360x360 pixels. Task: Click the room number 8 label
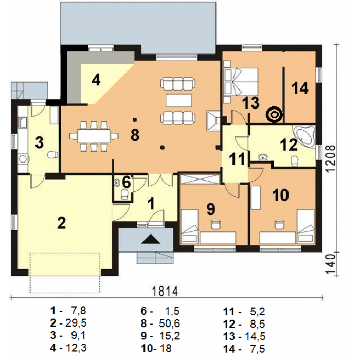point(135,135)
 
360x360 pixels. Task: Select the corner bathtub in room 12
point(304,136)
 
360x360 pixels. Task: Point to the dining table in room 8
point(94,136)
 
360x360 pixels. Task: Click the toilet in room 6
point(124,194)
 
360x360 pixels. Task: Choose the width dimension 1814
point(165,292)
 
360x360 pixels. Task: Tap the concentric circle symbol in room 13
point(274,114)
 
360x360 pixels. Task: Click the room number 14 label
point(300,88)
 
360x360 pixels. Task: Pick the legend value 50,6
point(169,323)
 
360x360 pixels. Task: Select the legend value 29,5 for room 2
point(76,323)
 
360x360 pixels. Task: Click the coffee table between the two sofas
point(178,100)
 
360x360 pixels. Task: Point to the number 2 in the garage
point(62,223)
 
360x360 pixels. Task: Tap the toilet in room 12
point(294,161)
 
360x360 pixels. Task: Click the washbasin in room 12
point(263,158)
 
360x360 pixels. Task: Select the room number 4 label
point(96,80)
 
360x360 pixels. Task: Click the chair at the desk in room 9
point(215,224)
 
